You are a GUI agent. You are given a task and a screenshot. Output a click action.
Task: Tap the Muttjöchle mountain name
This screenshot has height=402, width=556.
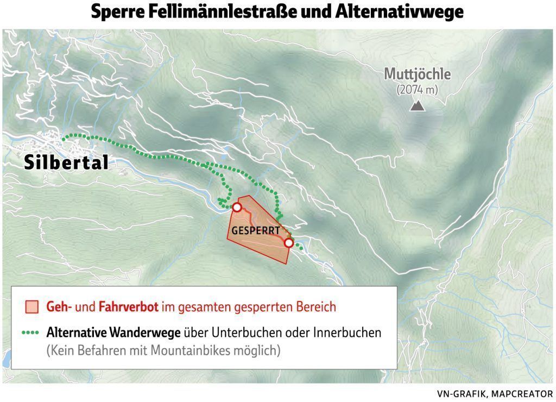(x=417, y=74)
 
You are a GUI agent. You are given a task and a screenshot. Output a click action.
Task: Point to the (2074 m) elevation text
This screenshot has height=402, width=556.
(x=417, y=89)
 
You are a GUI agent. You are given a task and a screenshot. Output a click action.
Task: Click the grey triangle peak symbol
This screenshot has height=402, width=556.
(x=417, y=105)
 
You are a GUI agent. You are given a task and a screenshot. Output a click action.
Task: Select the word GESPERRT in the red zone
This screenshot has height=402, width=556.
(x=256, y=230)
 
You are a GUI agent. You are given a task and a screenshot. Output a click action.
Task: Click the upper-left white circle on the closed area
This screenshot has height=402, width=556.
(x=237, y=207)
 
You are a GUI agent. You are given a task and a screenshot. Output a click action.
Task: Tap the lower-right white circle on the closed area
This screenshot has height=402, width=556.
(x=288, y=243)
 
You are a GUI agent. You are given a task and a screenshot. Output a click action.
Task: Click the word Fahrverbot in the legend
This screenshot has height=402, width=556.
(x=129, y=307)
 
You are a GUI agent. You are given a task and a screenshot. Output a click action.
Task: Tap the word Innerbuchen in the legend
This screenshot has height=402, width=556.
(x=347, y=332)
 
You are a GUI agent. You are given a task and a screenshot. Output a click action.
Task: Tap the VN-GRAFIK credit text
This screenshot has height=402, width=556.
(x=457, y=393)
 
